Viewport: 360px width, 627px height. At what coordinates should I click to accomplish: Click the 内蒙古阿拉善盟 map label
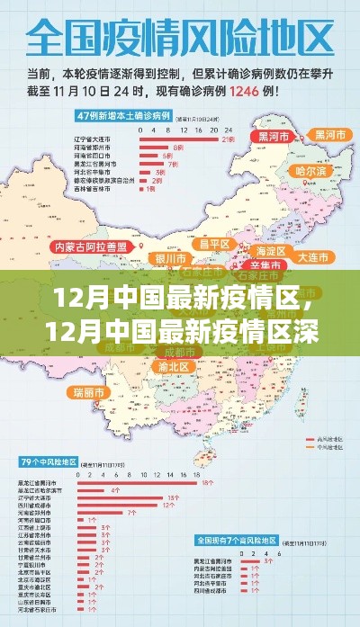pyautogui.click(x=94, y=246)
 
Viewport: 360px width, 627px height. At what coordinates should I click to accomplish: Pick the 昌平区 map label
pyautogui.click(x=215, y=243)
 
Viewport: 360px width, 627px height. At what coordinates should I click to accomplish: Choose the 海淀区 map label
pyautogui.click(x=269, y=250)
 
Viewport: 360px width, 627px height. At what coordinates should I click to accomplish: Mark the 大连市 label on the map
pyautogui.click(x=313, y=258)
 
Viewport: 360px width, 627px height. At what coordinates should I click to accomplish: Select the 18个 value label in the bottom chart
pyautogui.click(x=208, y=483)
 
